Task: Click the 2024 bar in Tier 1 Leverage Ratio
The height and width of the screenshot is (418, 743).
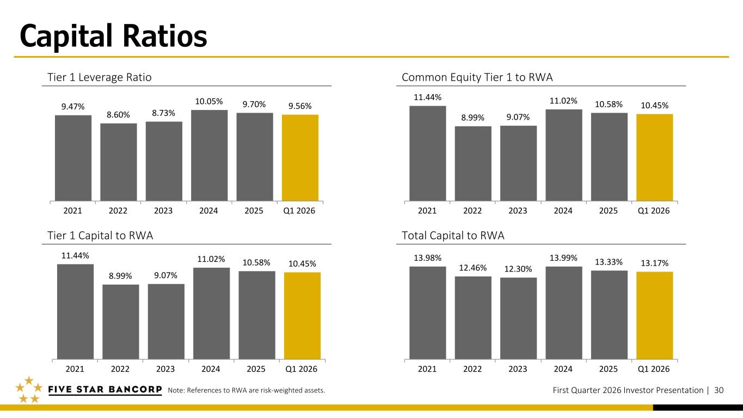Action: click(x=209, y=155)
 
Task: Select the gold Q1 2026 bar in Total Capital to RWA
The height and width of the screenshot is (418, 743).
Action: click(x=654, y=316)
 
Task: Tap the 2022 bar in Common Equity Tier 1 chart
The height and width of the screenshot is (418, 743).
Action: click(x=473, y=163)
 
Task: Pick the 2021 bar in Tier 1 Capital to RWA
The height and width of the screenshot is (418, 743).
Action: click(x=75, y=312)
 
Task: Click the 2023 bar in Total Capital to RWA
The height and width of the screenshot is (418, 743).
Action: click(x=518, y=318)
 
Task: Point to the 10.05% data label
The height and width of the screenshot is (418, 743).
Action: click(x=209, y=102)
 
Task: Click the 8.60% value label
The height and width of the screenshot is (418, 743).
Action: click(x=118, y=115)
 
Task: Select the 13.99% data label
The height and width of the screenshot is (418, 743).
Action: click(x=563, y=257)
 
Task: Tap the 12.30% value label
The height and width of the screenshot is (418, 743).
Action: click(x=518, y=269)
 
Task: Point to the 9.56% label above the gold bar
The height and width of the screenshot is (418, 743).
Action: click(x=300, y=106)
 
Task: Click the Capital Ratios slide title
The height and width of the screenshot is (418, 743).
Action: click(x=113, y=36)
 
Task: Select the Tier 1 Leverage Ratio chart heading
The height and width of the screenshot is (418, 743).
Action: click(x=100, y=78)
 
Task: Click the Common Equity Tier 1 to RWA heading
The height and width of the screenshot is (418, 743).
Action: click(x=477, y=78)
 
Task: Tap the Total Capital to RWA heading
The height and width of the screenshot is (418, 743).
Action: click(x=453, y=236)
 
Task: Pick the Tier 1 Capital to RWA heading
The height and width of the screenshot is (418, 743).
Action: click(x=101, y=236)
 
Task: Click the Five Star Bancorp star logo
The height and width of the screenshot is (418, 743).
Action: click(x=28, y=390)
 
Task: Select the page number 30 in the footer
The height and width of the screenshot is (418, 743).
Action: click(x=719, y=390)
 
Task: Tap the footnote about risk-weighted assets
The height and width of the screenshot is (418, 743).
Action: click(x=247, y=390)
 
